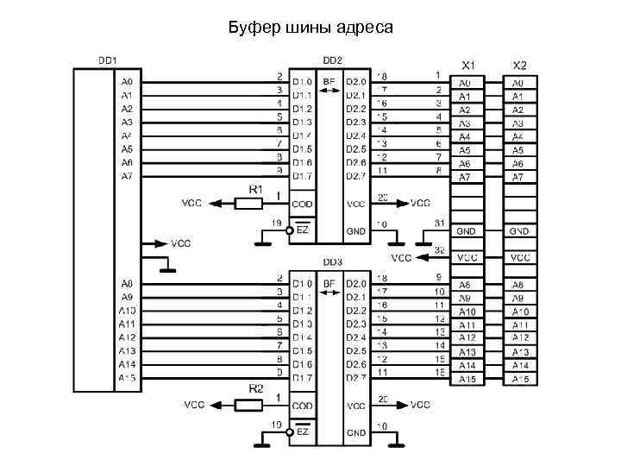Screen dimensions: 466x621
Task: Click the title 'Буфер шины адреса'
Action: (310, 28)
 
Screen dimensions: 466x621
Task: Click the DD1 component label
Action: (107, 60)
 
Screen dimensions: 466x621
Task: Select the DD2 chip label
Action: (332, 60)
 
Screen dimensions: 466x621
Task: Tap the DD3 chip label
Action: (332, 261)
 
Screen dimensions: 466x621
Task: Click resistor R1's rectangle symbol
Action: (249, 204)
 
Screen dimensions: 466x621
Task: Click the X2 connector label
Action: (519, 66)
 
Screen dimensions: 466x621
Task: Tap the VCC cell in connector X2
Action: (519, 257)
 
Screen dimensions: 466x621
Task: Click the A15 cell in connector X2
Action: (519, 379)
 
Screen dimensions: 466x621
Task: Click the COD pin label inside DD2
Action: (302, 204)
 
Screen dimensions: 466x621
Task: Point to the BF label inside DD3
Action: (329, 283)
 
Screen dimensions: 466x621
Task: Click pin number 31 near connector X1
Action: (439, 224)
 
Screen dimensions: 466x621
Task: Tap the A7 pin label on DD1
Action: (127, 176)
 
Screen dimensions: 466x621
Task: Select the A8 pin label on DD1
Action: (127, 283)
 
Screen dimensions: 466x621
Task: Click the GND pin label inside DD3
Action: (356, 431)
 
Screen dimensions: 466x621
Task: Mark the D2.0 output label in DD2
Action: (356, 83)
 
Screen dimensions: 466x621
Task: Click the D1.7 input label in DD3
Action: (302, 377)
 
